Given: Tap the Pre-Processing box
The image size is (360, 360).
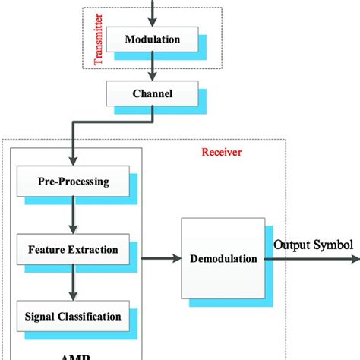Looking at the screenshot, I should click(74, 182).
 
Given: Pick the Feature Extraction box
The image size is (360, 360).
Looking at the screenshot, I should click(74, 249).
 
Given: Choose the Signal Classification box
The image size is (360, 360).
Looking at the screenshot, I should click(74, 314).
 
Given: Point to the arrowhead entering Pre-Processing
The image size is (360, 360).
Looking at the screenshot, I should click(73, 162).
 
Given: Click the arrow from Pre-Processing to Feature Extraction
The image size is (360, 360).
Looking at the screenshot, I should click(74, 216).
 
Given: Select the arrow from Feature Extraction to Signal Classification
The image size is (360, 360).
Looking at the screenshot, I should click(74, 282).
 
